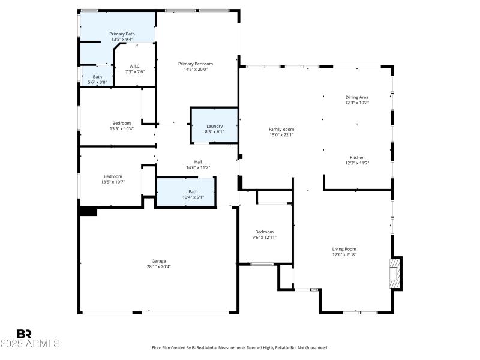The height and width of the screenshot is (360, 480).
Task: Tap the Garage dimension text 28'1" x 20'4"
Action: (158, 267)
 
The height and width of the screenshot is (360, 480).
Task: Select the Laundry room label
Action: (214, 126)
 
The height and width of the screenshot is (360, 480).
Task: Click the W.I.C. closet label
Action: (134, 67)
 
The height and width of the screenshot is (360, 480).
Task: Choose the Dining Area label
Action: (356, 97)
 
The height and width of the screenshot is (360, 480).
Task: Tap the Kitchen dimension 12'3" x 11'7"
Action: (357, 163)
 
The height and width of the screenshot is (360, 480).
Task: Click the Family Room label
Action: (281, 129)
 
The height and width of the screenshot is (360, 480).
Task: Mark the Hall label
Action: (198, 162)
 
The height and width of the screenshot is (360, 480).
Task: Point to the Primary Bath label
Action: (122, 34)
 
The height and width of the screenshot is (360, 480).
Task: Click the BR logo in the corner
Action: (24, 334)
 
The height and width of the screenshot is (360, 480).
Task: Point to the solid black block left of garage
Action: (88, 211)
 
